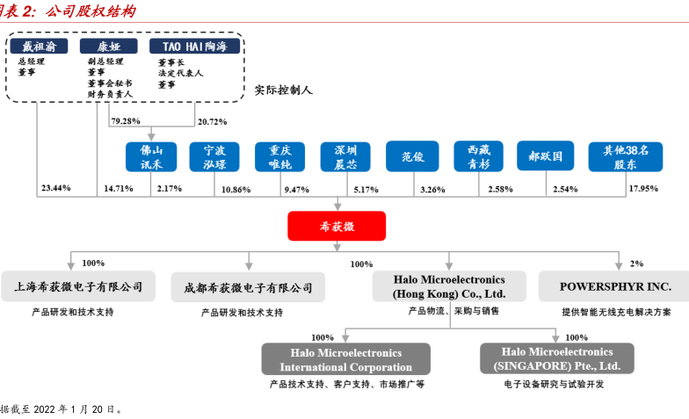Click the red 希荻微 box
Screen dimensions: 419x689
pos(337,226)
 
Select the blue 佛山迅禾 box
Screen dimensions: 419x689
pos(151,156)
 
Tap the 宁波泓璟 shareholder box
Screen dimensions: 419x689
pos(214,156)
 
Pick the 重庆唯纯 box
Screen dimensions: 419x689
pos(280,156)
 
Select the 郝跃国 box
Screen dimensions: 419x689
pos(545,156)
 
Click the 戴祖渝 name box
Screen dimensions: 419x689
pos(40,46)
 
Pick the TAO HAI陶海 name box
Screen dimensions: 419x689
pos(193,46)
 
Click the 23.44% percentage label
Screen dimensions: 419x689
pos(55,189)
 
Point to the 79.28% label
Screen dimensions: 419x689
pos(126,121)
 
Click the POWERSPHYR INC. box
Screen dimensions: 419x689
pos(615,287)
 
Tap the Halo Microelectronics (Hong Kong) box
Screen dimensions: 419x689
pos(448,287)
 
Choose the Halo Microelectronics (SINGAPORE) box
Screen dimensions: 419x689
pos(556,358)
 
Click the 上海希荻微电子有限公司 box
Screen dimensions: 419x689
pos(78,287)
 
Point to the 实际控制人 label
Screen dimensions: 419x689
pos(283,90)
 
